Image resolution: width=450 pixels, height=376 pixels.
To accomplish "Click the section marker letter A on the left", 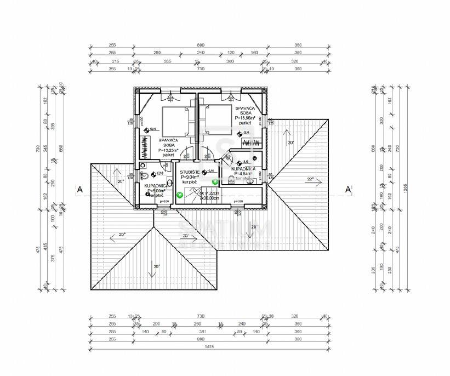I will tap(80, 190).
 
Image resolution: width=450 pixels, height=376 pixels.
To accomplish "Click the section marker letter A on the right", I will tap(348, 190).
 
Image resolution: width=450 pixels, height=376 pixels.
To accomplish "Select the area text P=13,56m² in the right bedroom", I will tap(245, 117).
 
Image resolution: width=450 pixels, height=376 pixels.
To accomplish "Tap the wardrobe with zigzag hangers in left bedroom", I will tap(145, 147).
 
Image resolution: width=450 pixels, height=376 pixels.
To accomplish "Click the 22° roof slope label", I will tap(310, 179).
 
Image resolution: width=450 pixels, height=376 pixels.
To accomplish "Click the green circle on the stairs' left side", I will tap(179, 194).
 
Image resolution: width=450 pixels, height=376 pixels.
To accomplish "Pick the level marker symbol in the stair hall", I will tap(204, 173).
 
